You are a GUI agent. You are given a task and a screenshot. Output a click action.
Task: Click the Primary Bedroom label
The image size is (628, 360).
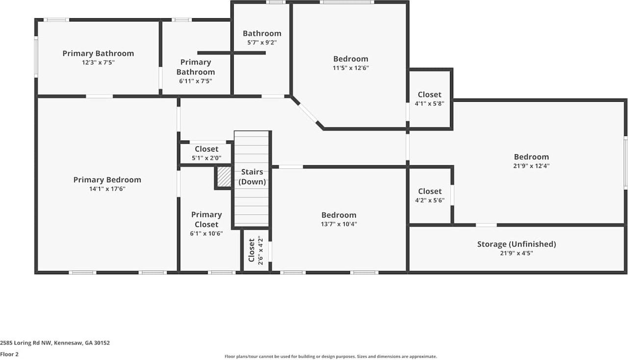coord(107,180)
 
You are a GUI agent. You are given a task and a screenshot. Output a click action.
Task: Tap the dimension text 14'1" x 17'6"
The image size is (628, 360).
coord(107,189)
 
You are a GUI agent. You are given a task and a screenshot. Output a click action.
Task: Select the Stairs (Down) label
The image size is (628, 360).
coord(253,177)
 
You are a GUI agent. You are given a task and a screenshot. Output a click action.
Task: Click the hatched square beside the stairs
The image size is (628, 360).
coord(224,177)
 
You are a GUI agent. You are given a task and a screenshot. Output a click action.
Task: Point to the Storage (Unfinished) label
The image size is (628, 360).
coord(516,244)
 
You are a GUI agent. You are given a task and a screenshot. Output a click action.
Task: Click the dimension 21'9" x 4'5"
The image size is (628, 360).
coord(516,253)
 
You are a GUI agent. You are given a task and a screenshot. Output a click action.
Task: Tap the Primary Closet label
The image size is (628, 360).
coord(206,219)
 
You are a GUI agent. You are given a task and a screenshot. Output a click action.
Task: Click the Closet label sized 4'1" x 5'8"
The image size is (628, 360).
coord(429,95)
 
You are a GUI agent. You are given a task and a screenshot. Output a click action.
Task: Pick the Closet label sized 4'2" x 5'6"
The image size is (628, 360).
coord(429,191)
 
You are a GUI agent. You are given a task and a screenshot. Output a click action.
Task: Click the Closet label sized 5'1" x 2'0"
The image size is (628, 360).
coord(206,149)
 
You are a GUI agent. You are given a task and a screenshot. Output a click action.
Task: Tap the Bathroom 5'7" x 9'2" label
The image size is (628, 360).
coord(262,33)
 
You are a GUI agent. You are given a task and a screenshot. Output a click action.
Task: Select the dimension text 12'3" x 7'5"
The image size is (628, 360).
coord(98,62)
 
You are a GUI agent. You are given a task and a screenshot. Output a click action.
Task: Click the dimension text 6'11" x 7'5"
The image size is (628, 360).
coord(195,81)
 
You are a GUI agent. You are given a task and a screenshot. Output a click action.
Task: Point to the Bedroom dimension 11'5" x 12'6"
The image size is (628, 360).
coord(350,68)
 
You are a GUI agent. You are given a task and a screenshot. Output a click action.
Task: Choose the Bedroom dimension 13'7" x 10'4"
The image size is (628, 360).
coord(339,224)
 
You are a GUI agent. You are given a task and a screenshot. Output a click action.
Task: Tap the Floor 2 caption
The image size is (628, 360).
coord(9,354)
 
